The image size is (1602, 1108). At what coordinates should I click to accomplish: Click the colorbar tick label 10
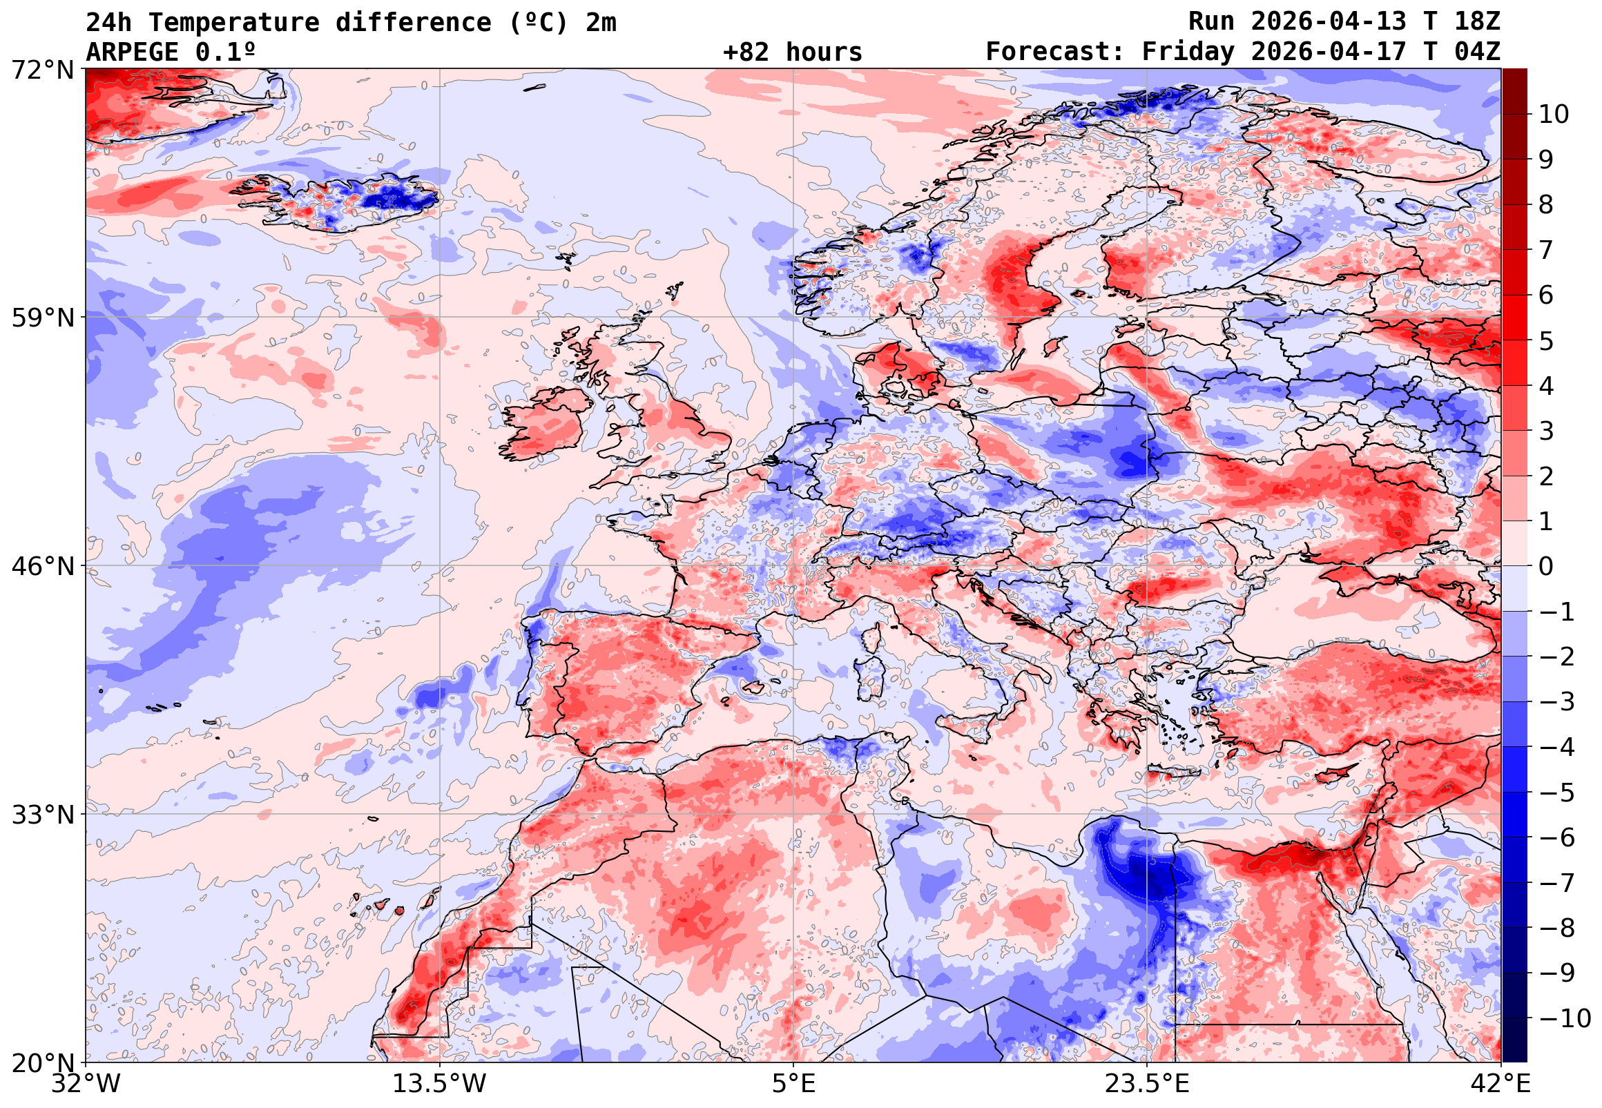pos(1554,115)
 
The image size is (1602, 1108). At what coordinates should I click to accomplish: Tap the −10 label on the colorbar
pos(1565,1019)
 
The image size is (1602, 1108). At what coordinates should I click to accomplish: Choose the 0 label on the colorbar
pos(1547,567)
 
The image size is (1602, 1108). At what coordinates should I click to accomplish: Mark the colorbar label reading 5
pos(1547,341)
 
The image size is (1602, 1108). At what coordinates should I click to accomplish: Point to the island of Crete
pos(1174,771)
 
